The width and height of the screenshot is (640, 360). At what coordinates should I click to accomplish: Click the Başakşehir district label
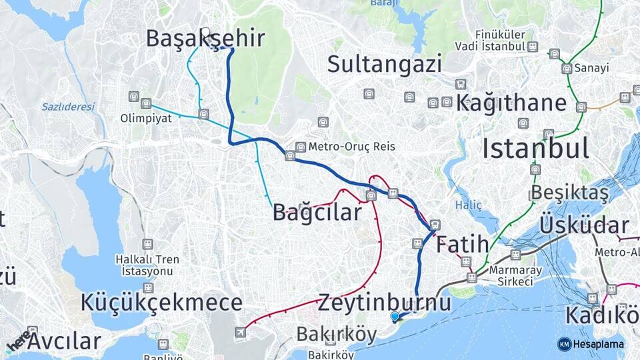(205, 39)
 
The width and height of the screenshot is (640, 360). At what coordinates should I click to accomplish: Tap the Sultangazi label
(385, 65)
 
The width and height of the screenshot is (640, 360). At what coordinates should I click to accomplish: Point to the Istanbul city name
(535, 147)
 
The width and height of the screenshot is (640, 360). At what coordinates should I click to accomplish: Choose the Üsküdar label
(584, 225)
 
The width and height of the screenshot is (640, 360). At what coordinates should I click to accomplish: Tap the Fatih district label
(463, 244)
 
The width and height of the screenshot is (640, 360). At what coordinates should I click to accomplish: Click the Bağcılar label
(317, 212)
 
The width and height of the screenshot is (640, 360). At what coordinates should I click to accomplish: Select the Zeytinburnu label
(384, 303)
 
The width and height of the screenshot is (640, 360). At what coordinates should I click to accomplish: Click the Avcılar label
(65, 341)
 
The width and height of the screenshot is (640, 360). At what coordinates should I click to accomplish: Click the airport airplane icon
(240, 332)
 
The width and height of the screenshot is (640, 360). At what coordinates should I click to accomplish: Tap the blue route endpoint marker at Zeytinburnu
(395, 317)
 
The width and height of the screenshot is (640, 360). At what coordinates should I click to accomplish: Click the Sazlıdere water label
(68, 107)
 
